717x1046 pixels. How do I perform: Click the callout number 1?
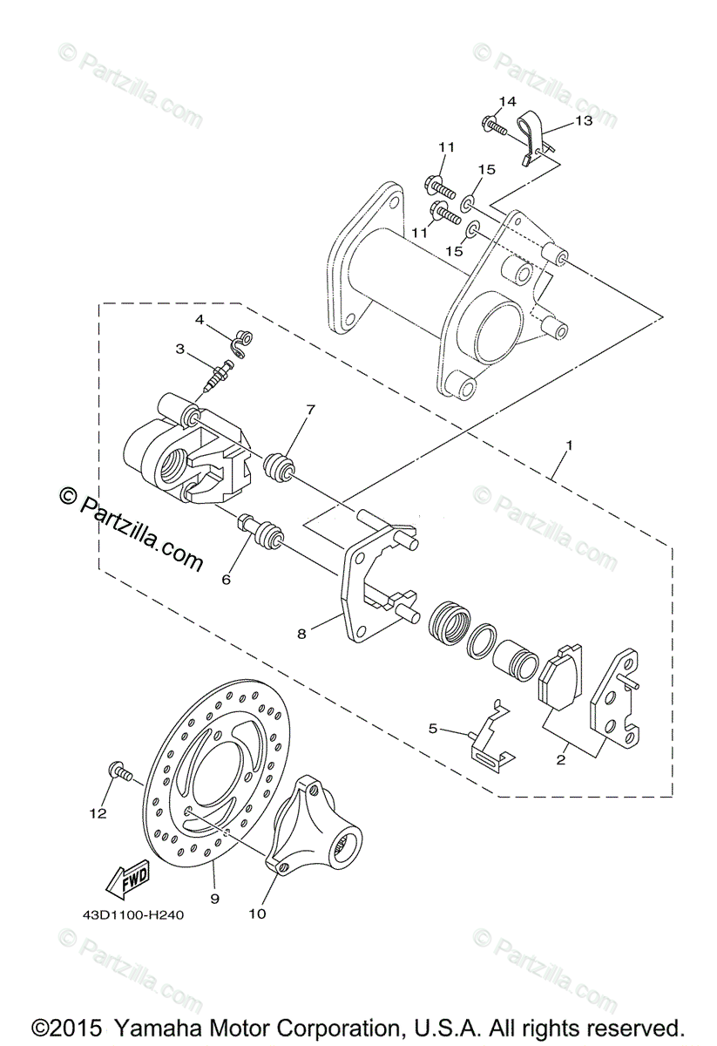point(569,445)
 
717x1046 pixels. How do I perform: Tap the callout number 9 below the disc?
point(214,897)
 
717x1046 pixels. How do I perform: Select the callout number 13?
point(583,121)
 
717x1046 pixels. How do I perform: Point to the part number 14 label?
point(508,101)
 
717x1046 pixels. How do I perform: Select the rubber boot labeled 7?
point(279,465)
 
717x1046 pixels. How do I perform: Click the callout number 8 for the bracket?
point(301,635)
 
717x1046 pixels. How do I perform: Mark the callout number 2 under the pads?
point(561,759)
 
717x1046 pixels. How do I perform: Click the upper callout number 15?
point(486,170)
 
